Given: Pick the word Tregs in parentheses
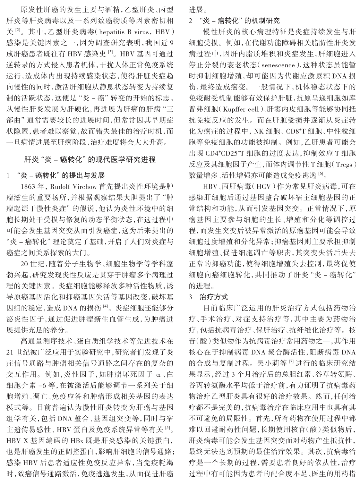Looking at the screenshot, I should click(343, 165).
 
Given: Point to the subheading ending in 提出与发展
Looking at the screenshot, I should click(61, 175).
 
